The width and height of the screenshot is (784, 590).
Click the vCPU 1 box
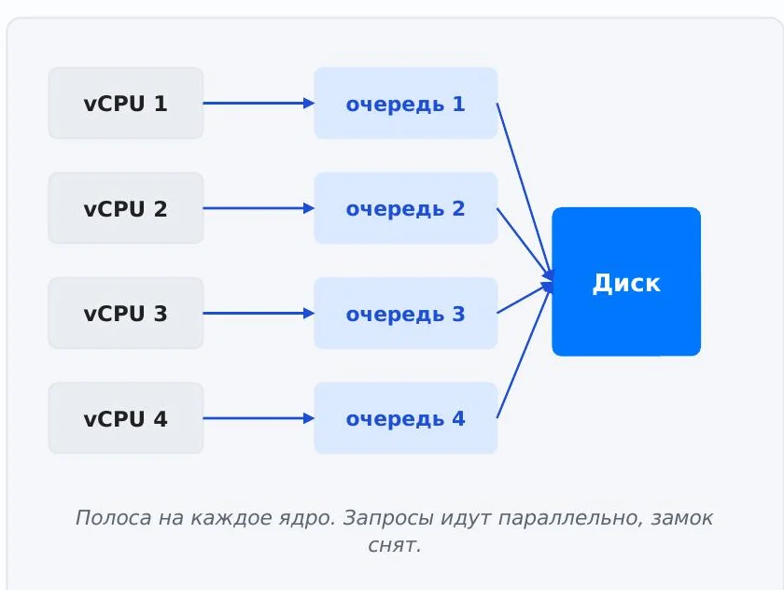coord(126,103)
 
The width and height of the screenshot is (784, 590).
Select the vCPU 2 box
coord(126,208)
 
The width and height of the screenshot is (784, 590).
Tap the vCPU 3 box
coord(126,313)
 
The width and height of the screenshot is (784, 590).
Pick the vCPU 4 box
coord(126,418)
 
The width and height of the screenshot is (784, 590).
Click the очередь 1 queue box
coord(405,103)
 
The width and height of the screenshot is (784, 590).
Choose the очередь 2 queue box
coord(405,208)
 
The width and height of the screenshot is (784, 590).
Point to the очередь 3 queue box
coord(405,313)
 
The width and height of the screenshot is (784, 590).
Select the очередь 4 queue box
coord(405,418)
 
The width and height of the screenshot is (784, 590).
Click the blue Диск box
coord(626,282)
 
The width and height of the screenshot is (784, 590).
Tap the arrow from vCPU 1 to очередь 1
coord(259,103)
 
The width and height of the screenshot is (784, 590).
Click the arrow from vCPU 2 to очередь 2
coord(259,208)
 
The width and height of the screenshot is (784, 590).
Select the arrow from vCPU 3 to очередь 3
coord(259,313)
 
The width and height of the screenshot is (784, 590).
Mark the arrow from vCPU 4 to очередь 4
coord(259,418)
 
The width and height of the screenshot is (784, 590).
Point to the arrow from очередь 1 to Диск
coord(525,190)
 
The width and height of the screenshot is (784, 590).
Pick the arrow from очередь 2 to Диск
coord(525,244)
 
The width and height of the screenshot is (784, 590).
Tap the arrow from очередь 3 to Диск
coord(525,299)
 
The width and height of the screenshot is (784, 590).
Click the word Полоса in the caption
coord(113,517)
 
